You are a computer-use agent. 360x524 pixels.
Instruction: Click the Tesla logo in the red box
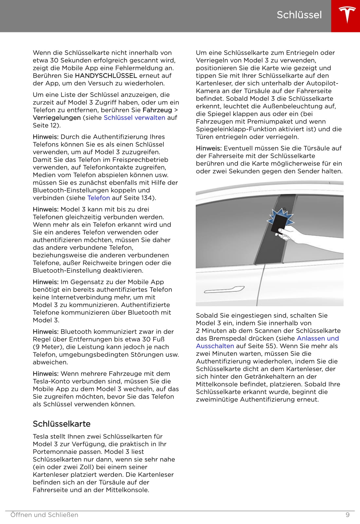[346, 15]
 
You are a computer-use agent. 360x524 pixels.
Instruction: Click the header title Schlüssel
[299, 15]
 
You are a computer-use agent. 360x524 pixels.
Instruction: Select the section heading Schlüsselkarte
[62, 424]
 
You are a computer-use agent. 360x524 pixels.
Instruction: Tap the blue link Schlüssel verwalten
[134, 118]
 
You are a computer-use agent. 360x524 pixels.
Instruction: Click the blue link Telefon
[99, 198]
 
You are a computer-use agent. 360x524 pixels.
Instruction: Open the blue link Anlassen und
[317, 338]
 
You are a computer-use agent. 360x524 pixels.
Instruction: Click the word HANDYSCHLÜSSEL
[106, 76]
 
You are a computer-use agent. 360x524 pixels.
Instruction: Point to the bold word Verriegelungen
[57, 118]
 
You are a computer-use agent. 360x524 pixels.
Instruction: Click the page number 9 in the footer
[348, 515]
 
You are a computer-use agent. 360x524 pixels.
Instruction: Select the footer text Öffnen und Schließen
[44, 515]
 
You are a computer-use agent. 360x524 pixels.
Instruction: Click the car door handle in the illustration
[224, 290]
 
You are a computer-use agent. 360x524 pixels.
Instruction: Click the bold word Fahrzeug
[157, 110]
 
